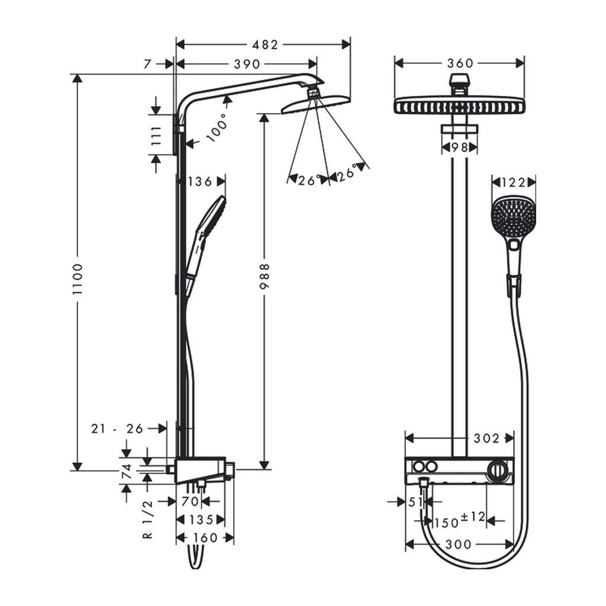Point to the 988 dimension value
point(265,276)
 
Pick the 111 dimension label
point(156,135)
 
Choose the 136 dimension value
point(199,182)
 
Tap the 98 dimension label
point(459,147)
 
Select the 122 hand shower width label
point(514,182)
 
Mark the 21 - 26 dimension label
point(118,428)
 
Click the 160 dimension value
point(205,538)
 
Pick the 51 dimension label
point(416,502)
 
